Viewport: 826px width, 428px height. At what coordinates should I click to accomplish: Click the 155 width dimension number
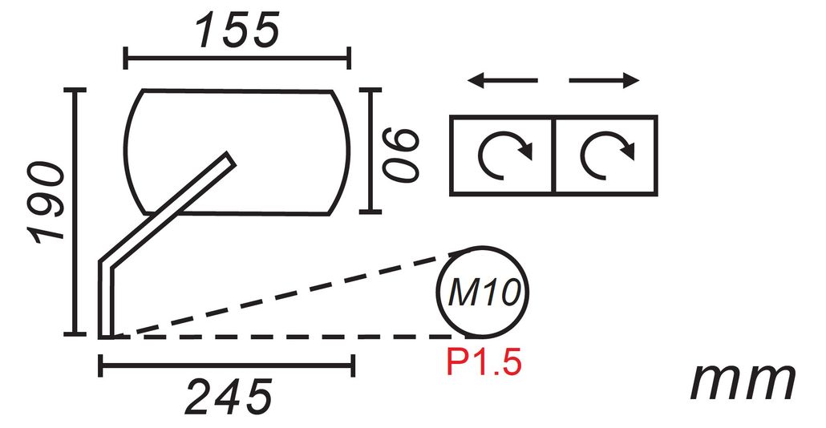click(237, 30)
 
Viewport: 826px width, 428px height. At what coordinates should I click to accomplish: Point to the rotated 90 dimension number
click(402, 151)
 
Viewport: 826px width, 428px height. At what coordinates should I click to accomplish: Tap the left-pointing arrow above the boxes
click(503, 80)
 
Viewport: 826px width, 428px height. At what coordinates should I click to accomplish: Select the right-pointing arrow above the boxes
click(604, 80)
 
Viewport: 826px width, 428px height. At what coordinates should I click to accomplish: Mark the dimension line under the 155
click(237, 58)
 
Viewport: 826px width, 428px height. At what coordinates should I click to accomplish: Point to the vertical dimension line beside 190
click(77, 212)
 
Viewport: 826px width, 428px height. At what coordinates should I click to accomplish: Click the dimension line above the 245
click(227, 366)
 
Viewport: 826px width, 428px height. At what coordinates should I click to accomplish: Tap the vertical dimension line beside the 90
click(370, 151)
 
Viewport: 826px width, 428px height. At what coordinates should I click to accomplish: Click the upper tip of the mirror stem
click(230, 158)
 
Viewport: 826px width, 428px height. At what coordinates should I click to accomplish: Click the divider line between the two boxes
click(553, 155)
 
